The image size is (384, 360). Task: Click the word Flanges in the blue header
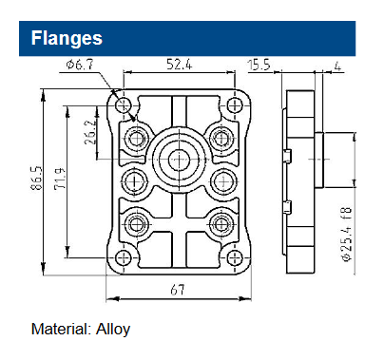(x=67, y=39)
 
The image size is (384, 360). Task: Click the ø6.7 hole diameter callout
(x=80, y=65)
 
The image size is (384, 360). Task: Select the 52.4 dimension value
(x=179, y=65)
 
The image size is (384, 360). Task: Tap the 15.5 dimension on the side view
(x=259, y=65)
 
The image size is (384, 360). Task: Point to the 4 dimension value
(x=337, y=66)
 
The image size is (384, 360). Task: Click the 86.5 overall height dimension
(x=37, y=178)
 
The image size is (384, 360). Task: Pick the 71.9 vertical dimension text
(x=60, y=179)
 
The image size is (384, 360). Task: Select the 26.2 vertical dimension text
(x=90, y=132)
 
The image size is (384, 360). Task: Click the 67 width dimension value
(x=178, y=290)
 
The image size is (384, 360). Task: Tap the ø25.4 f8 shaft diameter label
(x=347, y=235)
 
